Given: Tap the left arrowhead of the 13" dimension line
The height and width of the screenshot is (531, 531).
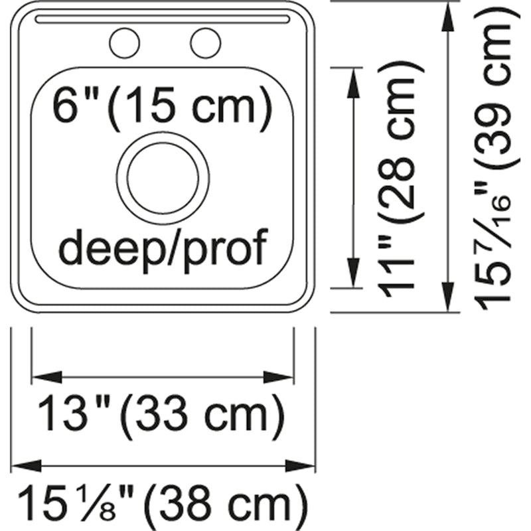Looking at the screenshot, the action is [46, 377].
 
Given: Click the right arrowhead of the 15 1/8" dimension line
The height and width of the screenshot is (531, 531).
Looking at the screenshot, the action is [301, 466].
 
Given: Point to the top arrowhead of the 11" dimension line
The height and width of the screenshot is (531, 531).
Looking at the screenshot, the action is [353, 84].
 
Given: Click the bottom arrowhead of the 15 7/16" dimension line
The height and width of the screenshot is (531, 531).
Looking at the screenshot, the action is [449, 296].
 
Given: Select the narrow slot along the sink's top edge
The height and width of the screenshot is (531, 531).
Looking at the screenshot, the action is [163, 19].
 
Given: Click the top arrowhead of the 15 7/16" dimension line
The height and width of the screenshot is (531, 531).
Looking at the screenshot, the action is [449, 18].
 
